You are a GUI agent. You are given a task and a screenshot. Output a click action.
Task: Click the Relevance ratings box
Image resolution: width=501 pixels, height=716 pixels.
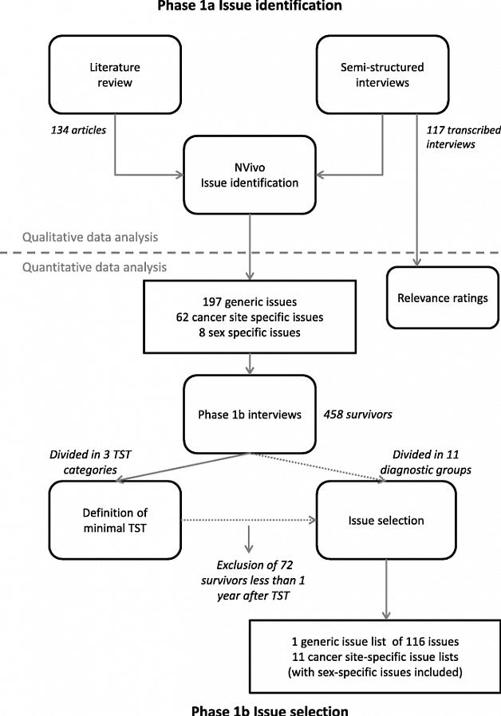click(x=442, y=297)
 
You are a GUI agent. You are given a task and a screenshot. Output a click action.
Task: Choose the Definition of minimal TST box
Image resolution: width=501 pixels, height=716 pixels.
click(x=105, y=521)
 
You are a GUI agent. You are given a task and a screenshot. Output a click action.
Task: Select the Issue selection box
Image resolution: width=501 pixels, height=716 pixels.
click(x=386, y=521)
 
